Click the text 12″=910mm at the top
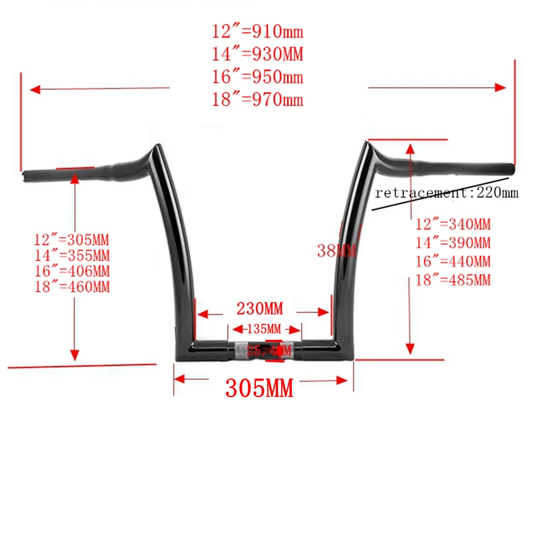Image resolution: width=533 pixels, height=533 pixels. click(x=257, y=31)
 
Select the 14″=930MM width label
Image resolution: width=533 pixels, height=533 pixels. click(x=257, y=54)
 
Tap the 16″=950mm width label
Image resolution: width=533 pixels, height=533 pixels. click(x=257, y=77)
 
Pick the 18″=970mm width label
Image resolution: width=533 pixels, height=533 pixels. click(x=257, y=101)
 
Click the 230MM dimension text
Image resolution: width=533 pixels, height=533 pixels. click(x=260, y=309)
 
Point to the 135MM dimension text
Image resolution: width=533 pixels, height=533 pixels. click(x=265, y=328)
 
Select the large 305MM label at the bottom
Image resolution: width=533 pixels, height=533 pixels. click(x=259, y=388)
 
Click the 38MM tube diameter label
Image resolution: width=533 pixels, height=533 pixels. click(x=336, y=251)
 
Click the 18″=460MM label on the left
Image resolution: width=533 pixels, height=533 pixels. click(x=72, y=287)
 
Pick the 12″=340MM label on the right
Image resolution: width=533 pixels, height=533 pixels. click(x=452, y=226)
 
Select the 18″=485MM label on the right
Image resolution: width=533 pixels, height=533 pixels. click(x=452, y=280)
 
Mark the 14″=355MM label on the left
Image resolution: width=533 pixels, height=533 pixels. click(x=72, y=255)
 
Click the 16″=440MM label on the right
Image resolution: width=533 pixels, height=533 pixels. click(x=452, y=262)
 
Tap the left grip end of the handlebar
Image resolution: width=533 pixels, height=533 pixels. click(x=27, y=175)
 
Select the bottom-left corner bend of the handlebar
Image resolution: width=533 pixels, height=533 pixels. click(x=181, y=348)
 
